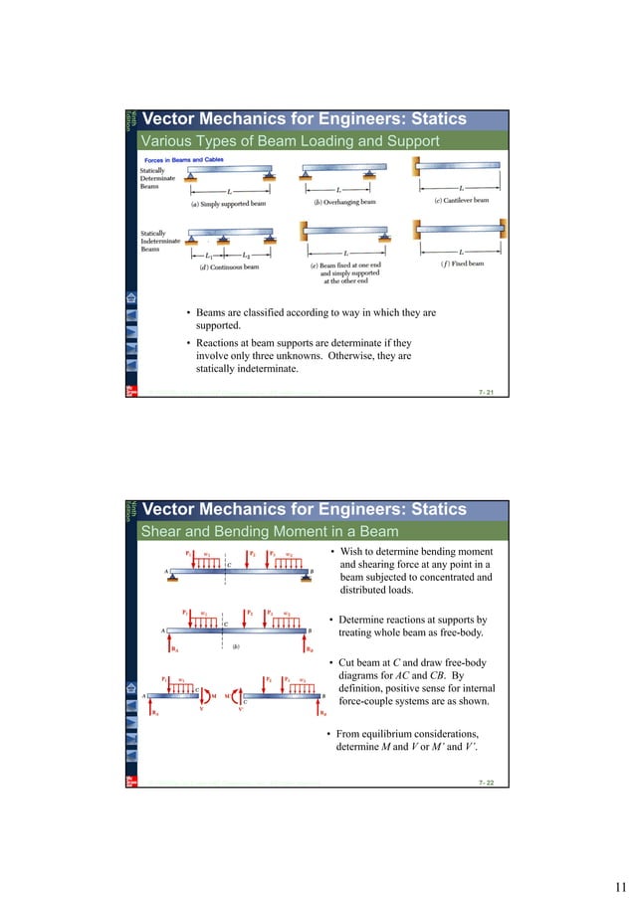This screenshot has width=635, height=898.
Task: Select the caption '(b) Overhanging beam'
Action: (340, 201)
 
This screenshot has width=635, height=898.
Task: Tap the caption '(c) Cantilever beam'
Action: (461, 200)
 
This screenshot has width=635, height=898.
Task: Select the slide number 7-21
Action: (487, 394)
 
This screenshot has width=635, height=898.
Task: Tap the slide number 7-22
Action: (487, 784)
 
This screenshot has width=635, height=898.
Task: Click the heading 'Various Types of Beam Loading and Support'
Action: (289, 140)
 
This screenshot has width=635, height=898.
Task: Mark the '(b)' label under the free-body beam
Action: (236, 645)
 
